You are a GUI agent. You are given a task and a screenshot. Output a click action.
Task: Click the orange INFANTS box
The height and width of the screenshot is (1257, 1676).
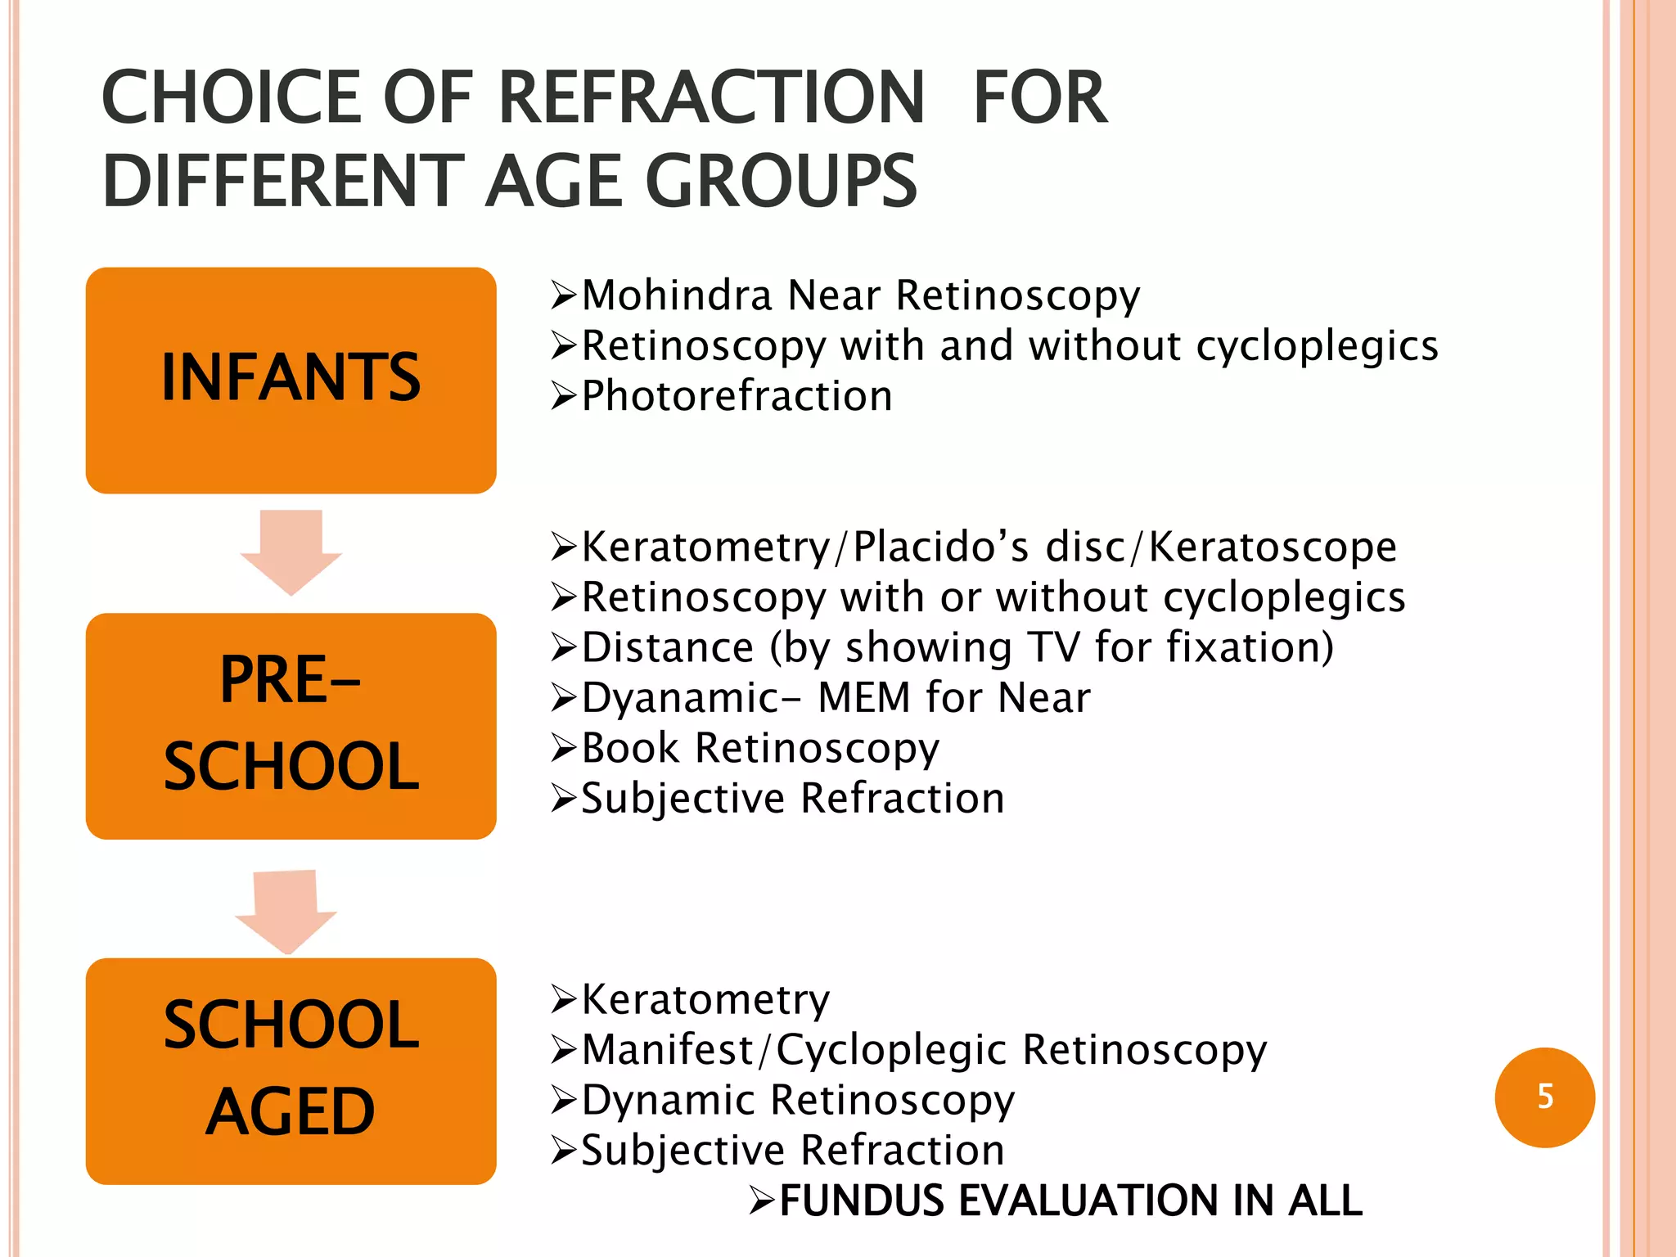[291, 380]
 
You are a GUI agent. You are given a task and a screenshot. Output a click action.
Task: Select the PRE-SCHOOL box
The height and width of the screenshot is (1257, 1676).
[291, 725]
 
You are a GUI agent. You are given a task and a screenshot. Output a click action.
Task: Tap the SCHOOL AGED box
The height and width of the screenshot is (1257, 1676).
[291, 1070]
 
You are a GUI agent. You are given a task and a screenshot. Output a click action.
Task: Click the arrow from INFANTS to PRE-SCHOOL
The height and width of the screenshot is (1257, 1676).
[291, 550]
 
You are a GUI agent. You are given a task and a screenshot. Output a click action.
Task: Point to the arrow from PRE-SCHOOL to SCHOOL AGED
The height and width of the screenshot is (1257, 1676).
[286, 910]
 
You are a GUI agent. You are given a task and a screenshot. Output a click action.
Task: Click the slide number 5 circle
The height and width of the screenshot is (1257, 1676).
[1544, 1097]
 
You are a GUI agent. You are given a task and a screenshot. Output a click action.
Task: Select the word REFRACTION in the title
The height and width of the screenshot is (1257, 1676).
[710, 98]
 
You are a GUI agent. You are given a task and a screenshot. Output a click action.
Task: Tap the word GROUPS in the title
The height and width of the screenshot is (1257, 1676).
[781, 182]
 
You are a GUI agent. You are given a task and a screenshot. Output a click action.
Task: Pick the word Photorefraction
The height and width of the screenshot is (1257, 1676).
[737, 397]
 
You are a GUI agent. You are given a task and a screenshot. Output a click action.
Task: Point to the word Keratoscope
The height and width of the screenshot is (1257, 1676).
[1272, 547]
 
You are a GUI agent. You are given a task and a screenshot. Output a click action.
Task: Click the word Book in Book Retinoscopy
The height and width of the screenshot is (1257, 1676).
[630, 748]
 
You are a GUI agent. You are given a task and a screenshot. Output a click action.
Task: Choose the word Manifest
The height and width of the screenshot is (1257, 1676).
[668, 1050]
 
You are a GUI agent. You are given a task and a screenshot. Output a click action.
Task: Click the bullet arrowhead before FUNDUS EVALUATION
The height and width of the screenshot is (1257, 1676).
[762, 1201]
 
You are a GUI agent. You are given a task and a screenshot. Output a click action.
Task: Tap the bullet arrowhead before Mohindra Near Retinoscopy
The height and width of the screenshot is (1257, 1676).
[564, 295]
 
